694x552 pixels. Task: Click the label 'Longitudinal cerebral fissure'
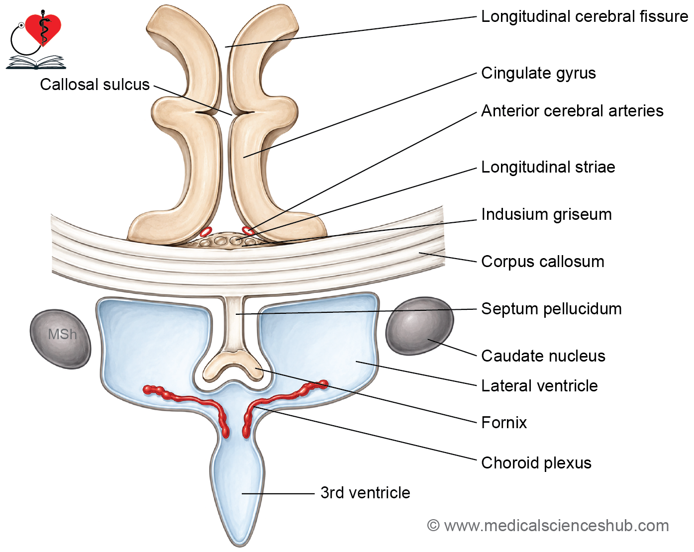coord(584,16)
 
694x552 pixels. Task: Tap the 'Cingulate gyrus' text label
coord(538,73)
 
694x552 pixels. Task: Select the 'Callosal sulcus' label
coord(95,85)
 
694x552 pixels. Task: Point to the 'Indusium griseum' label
coord(546,214)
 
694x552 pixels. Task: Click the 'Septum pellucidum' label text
coord(551,309)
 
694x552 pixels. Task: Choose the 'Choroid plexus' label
coord(536,463)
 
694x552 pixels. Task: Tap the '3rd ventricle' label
coord(365,493)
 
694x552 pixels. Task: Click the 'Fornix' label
coord(504,422)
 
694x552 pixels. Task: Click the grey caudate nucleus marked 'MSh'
coord(60,339)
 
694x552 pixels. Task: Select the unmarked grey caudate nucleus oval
coord(419,326)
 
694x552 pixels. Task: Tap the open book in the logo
coord(36,62)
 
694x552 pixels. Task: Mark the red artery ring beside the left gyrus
coord(206,231)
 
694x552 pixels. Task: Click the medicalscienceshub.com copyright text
coord(548,526)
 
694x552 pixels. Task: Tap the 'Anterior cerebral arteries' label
coord(572,111)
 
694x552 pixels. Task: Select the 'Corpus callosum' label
coord(542,262)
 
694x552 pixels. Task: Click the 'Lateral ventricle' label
coord(539,385)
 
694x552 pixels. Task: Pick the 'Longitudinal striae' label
coord(548,168)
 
